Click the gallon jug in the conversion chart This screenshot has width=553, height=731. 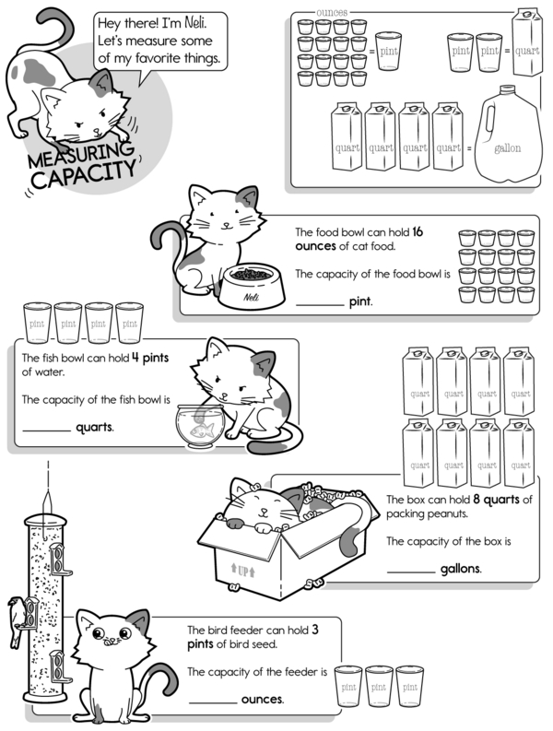(508, 135)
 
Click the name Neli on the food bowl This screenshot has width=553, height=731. (252, 297)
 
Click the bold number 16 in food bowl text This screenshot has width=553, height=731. (418, 231)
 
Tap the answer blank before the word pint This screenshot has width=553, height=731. (320, 305)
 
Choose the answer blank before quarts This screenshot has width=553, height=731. (47, 430)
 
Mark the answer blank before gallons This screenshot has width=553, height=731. (411, 572)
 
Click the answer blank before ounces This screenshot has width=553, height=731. (213, 702)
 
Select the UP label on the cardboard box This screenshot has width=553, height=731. (243, 571)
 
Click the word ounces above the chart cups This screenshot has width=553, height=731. (332, 13)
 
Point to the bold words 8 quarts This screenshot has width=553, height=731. (496, 500)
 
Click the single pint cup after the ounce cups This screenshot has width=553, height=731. (388, 51)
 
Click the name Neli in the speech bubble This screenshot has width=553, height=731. (195, 22)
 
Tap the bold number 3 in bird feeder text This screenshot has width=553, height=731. (315, 630)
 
